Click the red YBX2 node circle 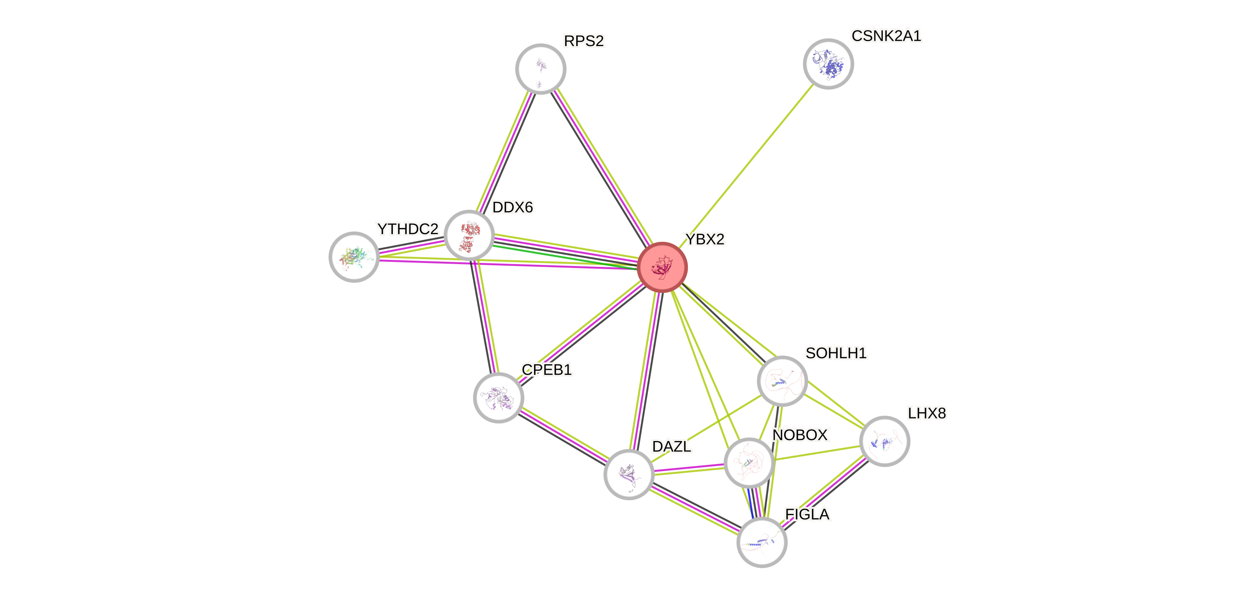coord(662,267)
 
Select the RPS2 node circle coord(540,68)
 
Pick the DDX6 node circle coord(469,235)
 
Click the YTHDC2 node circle coord(354,257)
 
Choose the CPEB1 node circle coord(498,397)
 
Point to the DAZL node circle coord(629,474)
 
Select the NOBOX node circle coord(749,462)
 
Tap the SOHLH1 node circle coord(782,381)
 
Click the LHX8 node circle coord(884,441)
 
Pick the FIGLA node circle coord(762,542)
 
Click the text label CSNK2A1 coord(886,36)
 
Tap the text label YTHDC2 coord(407,229)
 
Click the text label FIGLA coord(807,514)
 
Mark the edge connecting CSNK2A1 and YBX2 coord(746,165)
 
